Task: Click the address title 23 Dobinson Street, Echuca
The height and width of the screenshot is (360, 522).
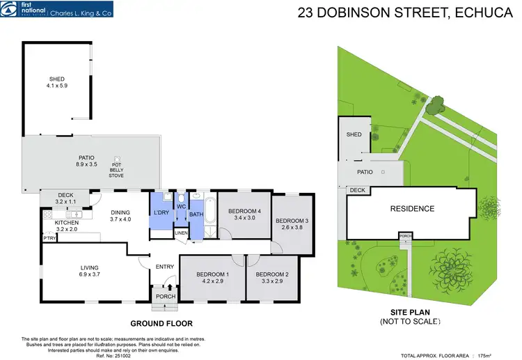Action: click(x=404, y=13)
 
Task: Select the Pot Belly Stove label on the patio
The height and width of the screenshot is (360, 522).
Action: click(x=116, y=169)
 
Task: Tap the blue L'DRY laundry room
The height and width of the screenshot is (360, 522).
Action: click(x=161, y=212)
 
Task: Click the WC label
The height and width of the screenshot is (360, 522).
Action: click(x=180, y=206)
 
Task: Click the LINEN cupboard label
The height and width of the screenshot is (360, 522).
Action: click(x=181, y=233)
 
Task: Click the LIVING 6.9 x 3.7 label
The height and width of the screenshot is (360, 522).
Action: click(x=89, y=271)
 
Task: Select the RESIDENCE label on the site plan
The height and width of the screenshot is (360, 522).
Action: click(x=412, y=209)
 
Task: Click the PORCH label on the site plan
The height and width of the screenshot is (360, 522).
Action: click(x=404, y=237)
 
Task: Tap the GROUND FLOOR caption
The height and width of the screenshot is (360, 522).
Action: click(x=161, y=323)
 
